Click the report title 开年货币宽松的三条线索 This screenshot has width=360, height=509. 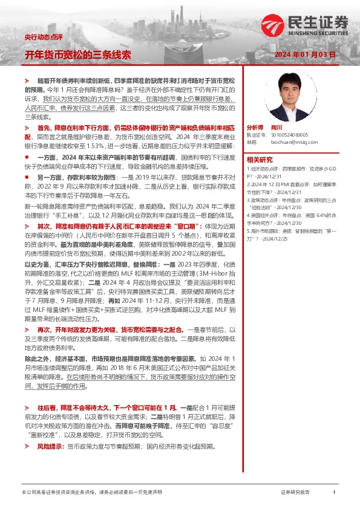click(x=77, y=54)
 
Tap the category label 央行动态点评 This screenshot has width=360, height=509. click(x=44, y=37)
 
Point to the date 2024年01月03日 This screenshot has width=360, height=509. click(x=305, y=54)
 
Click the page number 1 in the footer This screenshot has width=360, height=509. click(x=334, y=493)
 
